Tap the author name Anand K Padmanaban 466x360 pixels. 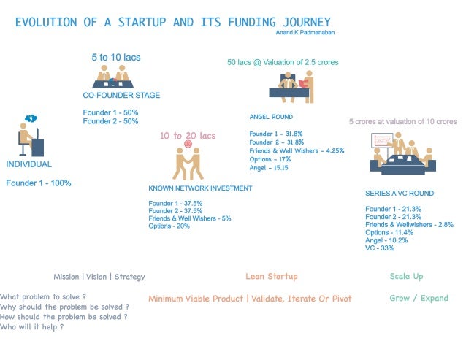(304, 32)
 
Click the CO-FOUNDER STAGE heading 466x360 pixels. (121, 96)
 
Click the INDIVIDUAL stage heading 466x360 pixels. (29, 164)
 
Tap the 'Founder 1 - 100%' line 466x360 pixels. (39, 183)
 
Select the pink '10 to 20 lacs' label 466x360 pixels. (188, 136)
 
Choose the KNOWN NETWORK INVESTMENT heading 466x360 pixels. (199, 188)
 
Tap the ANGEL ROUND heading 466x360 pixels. (271, 117)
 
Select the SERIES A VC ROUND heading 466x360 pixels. (399, 194)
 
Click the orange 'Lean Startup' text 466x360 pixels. (271, 277)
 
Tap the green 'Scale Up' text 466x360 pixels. (406, 277)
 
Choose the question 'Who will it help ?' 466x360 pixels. (31, 327)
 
